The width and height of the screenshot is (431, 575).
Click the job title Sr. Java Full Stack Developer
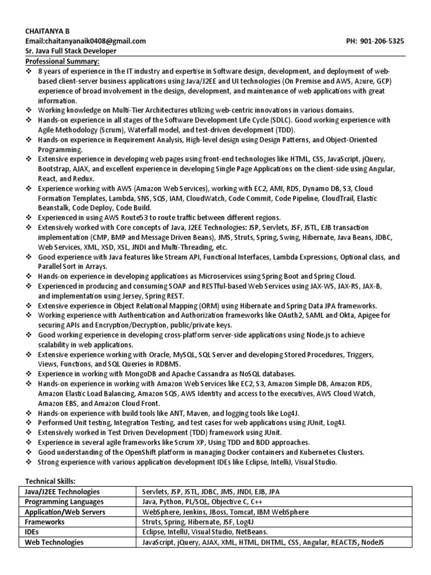70,51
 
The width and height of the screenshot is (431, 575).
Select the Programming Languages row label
64,502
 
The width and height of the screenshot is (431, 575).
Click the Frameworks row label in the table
45,522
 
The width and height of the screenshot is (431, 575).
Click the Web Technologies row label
54,542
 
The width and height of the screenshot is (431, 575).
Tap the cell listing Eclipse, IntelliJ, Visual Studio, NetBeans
205,532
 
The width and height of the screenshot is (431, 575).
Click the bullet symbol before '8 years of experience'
29,72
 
